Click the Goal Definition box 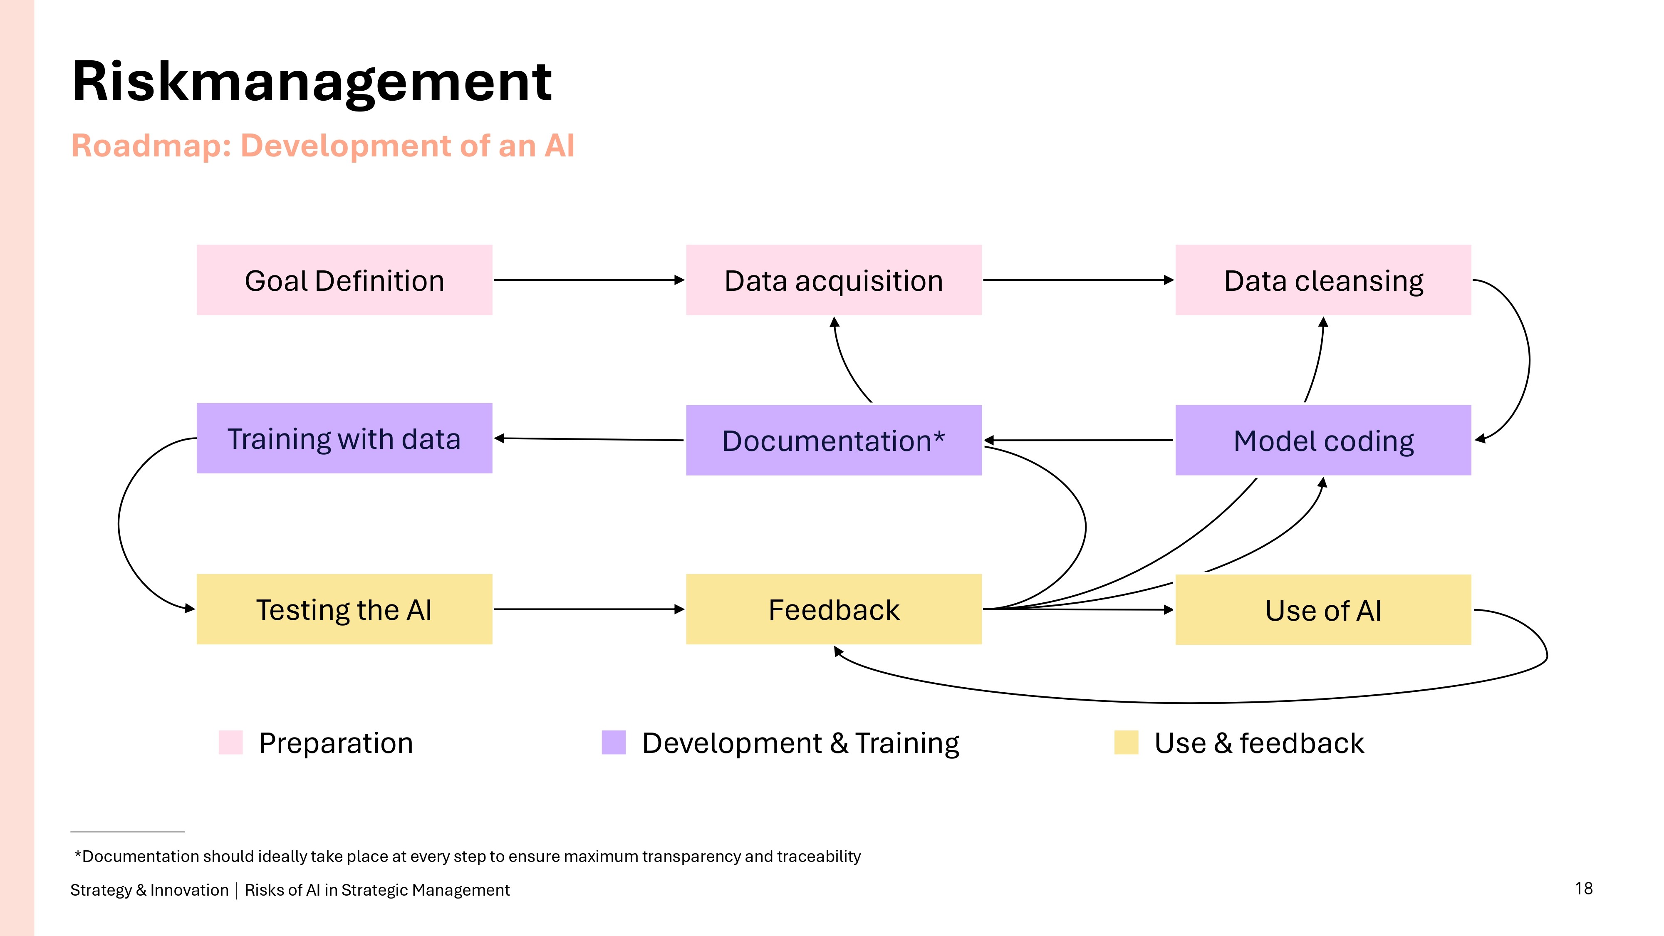point(344,280)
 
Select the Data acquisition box point(834,280)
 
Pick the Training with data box point(344,438)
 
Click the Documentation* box point(834,440)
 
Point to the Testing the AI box point(344,609)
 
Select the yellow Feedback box point(834,609)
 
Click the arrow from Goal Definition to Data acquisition point(589,280)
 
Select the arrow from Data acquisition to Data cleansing point(1079,280)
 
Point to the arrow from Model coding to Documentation point(1079,440)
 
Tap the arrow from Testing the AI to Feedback point(589,609)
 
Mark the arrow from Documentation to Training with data point(589,439)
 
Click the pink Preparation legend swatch point(230,742)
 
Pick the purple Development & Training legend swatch point(614,742)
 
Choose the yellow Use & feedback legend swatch point(1127,742)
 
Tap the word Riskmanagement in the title point(312,82)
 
